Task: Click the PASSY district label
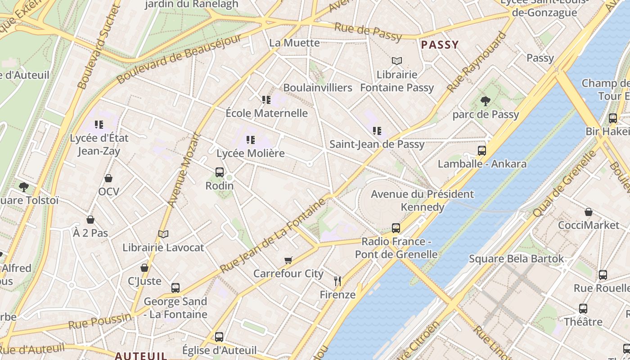[x=440, y=45]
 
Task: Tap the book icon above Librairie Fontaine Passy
[x=396, y=61]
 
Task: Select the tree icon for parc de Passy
[x=485, y=101]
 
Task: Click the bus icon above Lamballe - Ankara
[x=482, y=150]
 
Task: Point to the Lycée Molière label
[x=251, y=153]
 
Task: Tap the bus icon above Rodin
[x=220, y=172]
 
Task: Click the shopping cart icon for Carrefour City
[x=288, y=260]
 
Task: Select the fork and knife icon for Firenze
[x=337, y=281]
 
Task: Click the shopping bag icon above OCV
[x=108, y=178]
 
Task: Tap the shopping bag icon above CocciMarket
[x=588, y=211]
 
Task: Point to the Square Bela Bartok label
[x=516, y=259]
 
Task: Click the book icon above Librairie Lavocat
[x=163, y=234]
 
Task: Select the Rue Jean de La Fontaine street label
[x=273, y=235]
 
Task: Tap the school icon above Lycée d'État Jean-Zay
[x=99, y=124]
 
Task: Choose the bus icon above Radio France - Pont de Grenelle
[x=396, y=228]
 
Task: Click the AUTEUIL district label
[x=141, y=355]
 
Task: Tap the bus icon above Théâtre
[x=583, y=309]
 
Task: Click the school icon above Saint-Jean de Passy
[x=377, y=131]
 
